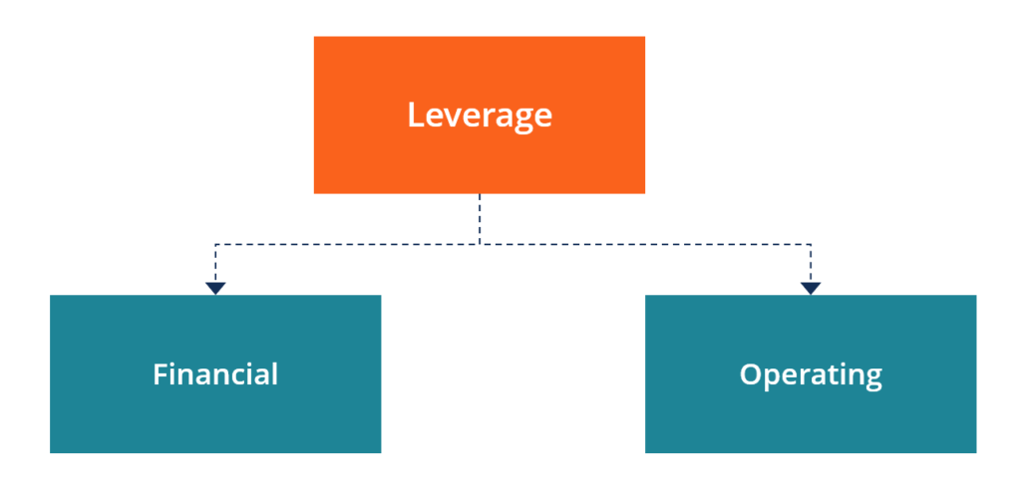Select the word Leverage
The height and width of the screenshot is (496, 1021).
click(x=479, y=116)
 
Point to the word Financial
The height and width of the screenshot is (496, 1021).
click(x=215, y=374)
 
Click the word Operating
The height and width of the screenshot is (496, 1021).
click(x=810, y=375)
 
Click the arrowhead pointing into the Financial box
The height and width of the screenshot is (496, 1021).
click(x=215, y=288)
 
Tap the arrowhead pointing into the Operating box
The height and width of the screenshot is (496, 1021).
click(x=811, y=288)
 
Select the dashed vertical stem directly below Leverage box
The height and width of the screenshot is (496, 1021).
click(x=480, y=217)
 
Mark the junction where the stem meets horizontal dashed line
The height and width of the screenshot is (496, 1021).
click(x=480, y=244)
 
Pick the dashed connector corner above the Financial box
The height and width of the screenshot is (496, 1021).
click(x=215, y=244)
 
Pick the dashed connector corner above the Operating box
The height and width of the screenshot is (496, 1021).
click(x=811, y=244)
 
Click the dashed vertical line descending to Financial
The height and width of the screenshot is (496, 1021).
click(x=215, y=264)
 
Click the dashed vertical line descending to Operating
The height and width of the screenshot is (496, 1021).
click(x=811, y=264)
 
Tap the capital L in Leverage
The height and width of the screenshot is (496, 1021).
click(x=415, y=116)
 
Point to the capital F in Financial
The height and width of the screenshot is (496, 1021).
click(x=160, y=374)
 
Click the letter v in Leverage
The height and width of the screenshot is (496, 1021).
click(x=451, y=118)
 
